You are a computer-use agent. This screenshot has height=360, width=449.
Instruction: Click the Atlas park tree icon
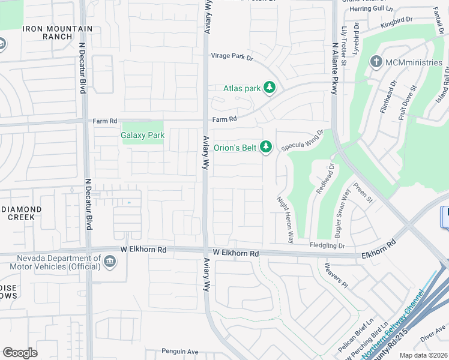pos(270,88)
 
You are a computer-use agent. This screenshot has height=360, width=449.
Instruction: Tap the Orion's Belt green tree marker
pos(265,146)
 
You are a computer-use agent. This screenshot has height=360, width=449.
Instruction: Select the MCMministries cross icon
pos(376,62)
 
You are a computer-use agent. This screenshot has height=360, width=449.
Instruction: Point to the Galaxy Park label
pos(143,136)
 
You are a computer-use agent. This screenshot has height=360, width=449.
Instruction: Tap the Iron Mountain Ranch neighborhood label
pos(58,32)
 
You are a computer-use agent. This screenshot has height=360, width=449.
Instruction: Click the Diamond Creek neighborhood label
pos(21,213)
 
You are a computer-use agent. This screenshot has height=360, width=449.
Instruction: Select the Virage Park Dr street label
pos(232,58)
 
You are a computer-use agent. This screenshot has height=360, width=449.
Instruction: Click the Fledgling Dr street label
pos(327,245)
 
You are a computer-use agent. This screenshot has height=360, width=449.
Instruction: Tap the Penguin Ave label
pos(179,352)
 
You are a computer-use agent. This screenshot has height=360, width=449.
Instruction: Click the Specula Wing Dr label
pos(303,140)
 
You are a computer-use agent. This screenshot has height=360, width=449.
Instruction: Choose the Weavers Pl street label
pos(336,274)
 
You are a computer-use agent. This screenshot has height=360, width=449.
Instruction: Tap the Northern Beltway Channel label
pos(397,323)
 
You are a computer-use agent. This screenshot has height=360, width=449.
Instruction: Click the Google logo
pos(20,352)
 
